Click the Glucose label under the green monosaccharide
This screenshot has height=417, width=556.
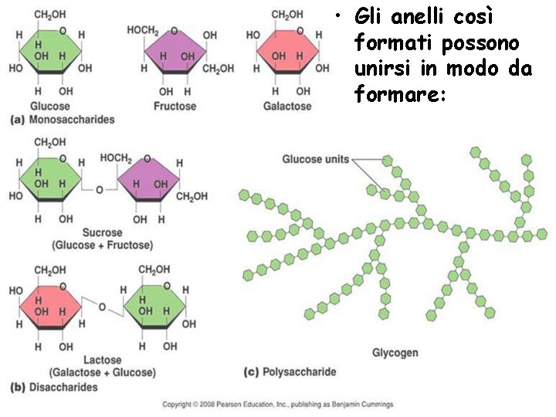pos(49,106)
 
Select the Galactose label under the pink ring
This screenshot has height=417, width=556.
pos(287,106)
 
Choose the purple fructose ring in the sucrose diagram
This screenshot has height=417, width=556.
pos(148,185)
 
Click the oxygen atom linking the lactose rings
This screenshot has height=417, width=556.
pos(101,307)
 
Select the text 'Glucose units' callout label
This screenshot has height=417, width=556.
pos(315,160)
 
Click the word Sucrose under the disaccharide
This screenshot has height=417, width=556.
pos(102,232)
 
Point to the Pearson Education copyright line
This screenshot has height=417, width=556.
pos(277,405)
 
